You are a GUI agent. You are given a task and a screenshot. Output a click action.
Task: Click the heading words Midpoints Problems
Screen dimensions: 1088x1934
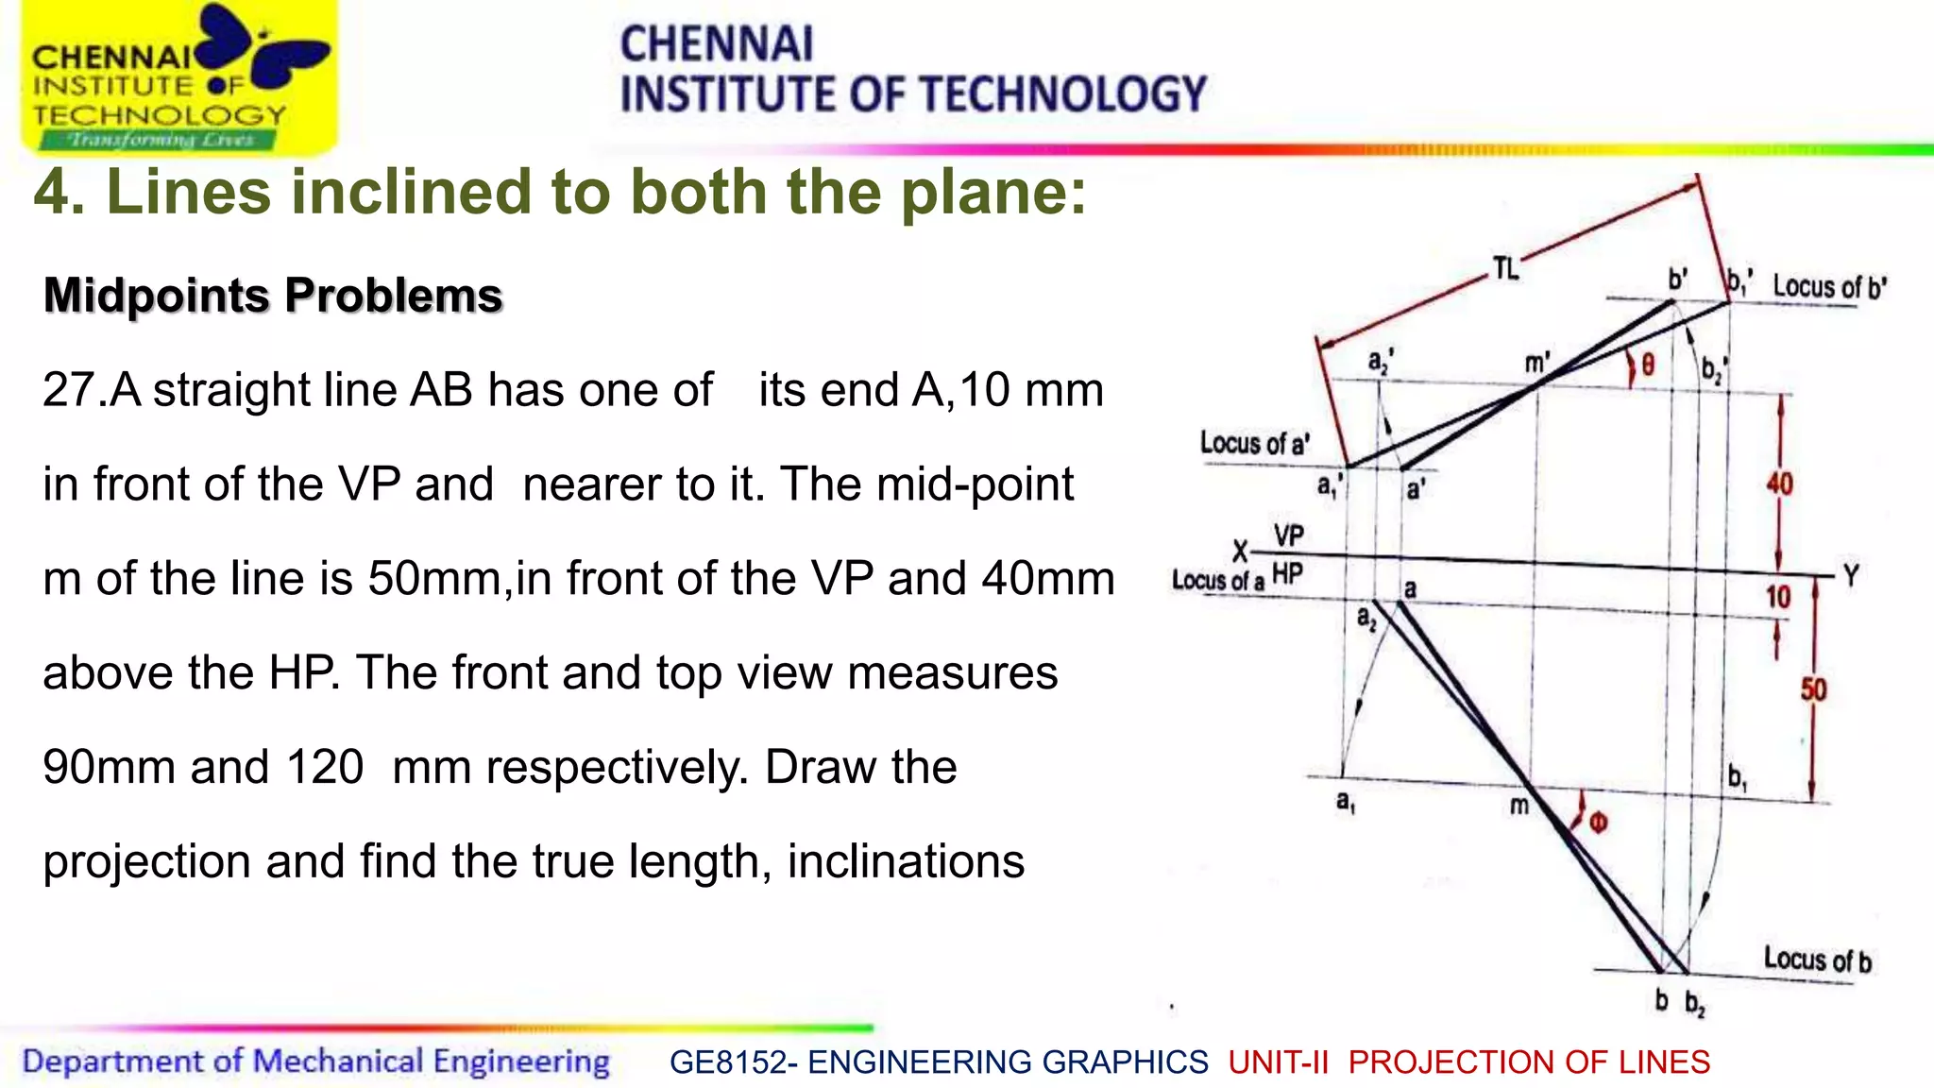273,296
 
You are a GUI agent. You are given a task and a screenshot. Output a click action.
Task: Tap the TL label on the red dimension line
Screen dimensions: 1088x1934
1505,269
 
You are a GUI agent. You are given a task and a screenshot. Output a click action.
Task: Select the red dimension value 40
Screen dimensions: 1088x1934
1779,484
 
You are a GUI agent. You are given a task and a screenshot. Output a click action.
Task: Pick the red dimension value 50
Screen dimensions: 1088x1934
1813,689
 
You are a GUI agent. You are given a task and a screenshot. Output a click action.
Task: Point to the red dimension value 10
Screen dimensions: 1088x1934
1778,597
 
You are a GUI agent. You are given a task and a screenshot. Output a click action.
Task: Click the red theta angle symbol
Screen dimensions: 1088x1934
1648,365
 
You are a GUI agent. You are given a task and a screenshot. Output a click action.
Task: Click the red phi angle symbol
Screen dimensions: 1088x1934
1598,823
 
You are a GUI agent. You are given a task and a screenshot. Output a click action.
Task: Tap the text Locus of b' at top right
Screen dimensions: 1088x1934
1829,287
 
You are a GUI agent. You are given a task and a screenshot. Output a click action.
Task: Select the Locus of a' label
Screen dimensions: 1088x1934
1254,443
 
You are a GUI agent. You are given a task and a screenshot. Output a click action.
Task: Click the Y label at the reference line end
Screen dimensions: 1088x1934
1851,576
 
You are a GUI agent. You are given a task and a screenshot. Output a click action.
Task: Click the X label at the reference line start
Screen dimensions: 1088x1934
1240,551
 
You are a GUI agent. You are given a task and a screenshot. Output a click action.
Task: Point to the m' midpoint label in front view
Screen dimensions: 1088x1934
1537,363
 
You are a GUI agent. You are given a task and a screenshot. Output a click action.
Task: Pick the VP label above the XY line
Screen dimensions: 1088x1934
1288,536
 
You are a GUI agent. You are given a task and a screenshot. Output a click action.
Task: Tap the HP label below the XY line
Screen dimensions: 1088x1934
1287,573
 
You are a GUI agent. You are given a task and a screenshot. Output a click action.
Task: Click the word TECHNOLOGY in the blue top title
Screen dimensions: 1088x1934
1062,94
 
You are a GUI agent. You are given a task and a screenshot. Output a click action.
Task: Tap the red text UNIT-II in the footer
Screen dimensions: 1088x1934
1278,1062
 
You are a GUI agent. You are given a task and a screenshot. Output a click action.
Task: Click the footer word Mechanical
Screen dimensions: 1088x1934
337,1062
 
